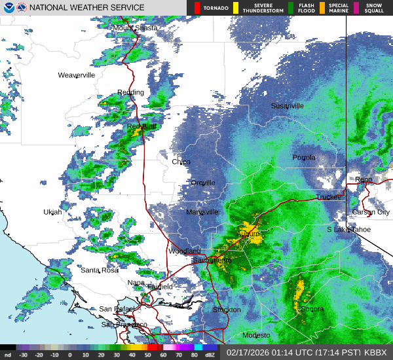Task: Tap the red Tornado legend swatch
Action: pos(198,8)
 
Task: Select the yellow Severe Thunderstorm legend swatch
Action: pos(235,8)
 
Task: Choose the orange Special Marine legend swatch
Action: pos(322,8)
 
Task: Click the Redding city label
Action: pos(130,92)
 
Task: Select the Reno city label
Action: pos(364,179)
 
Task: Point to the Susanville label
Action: pos(288,105)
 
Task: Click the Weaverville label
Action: pos(77,75)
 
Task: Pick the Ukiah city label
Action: pos(52,212)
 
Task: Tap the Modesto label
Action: pos(256,335)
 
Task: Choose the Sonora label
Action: pos(312,309)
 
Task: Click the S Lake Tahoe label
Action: pos(349,230)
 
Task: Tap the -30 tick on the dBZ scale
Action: pos(23,355)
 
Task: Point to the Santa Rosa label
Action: pos(99,270)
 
